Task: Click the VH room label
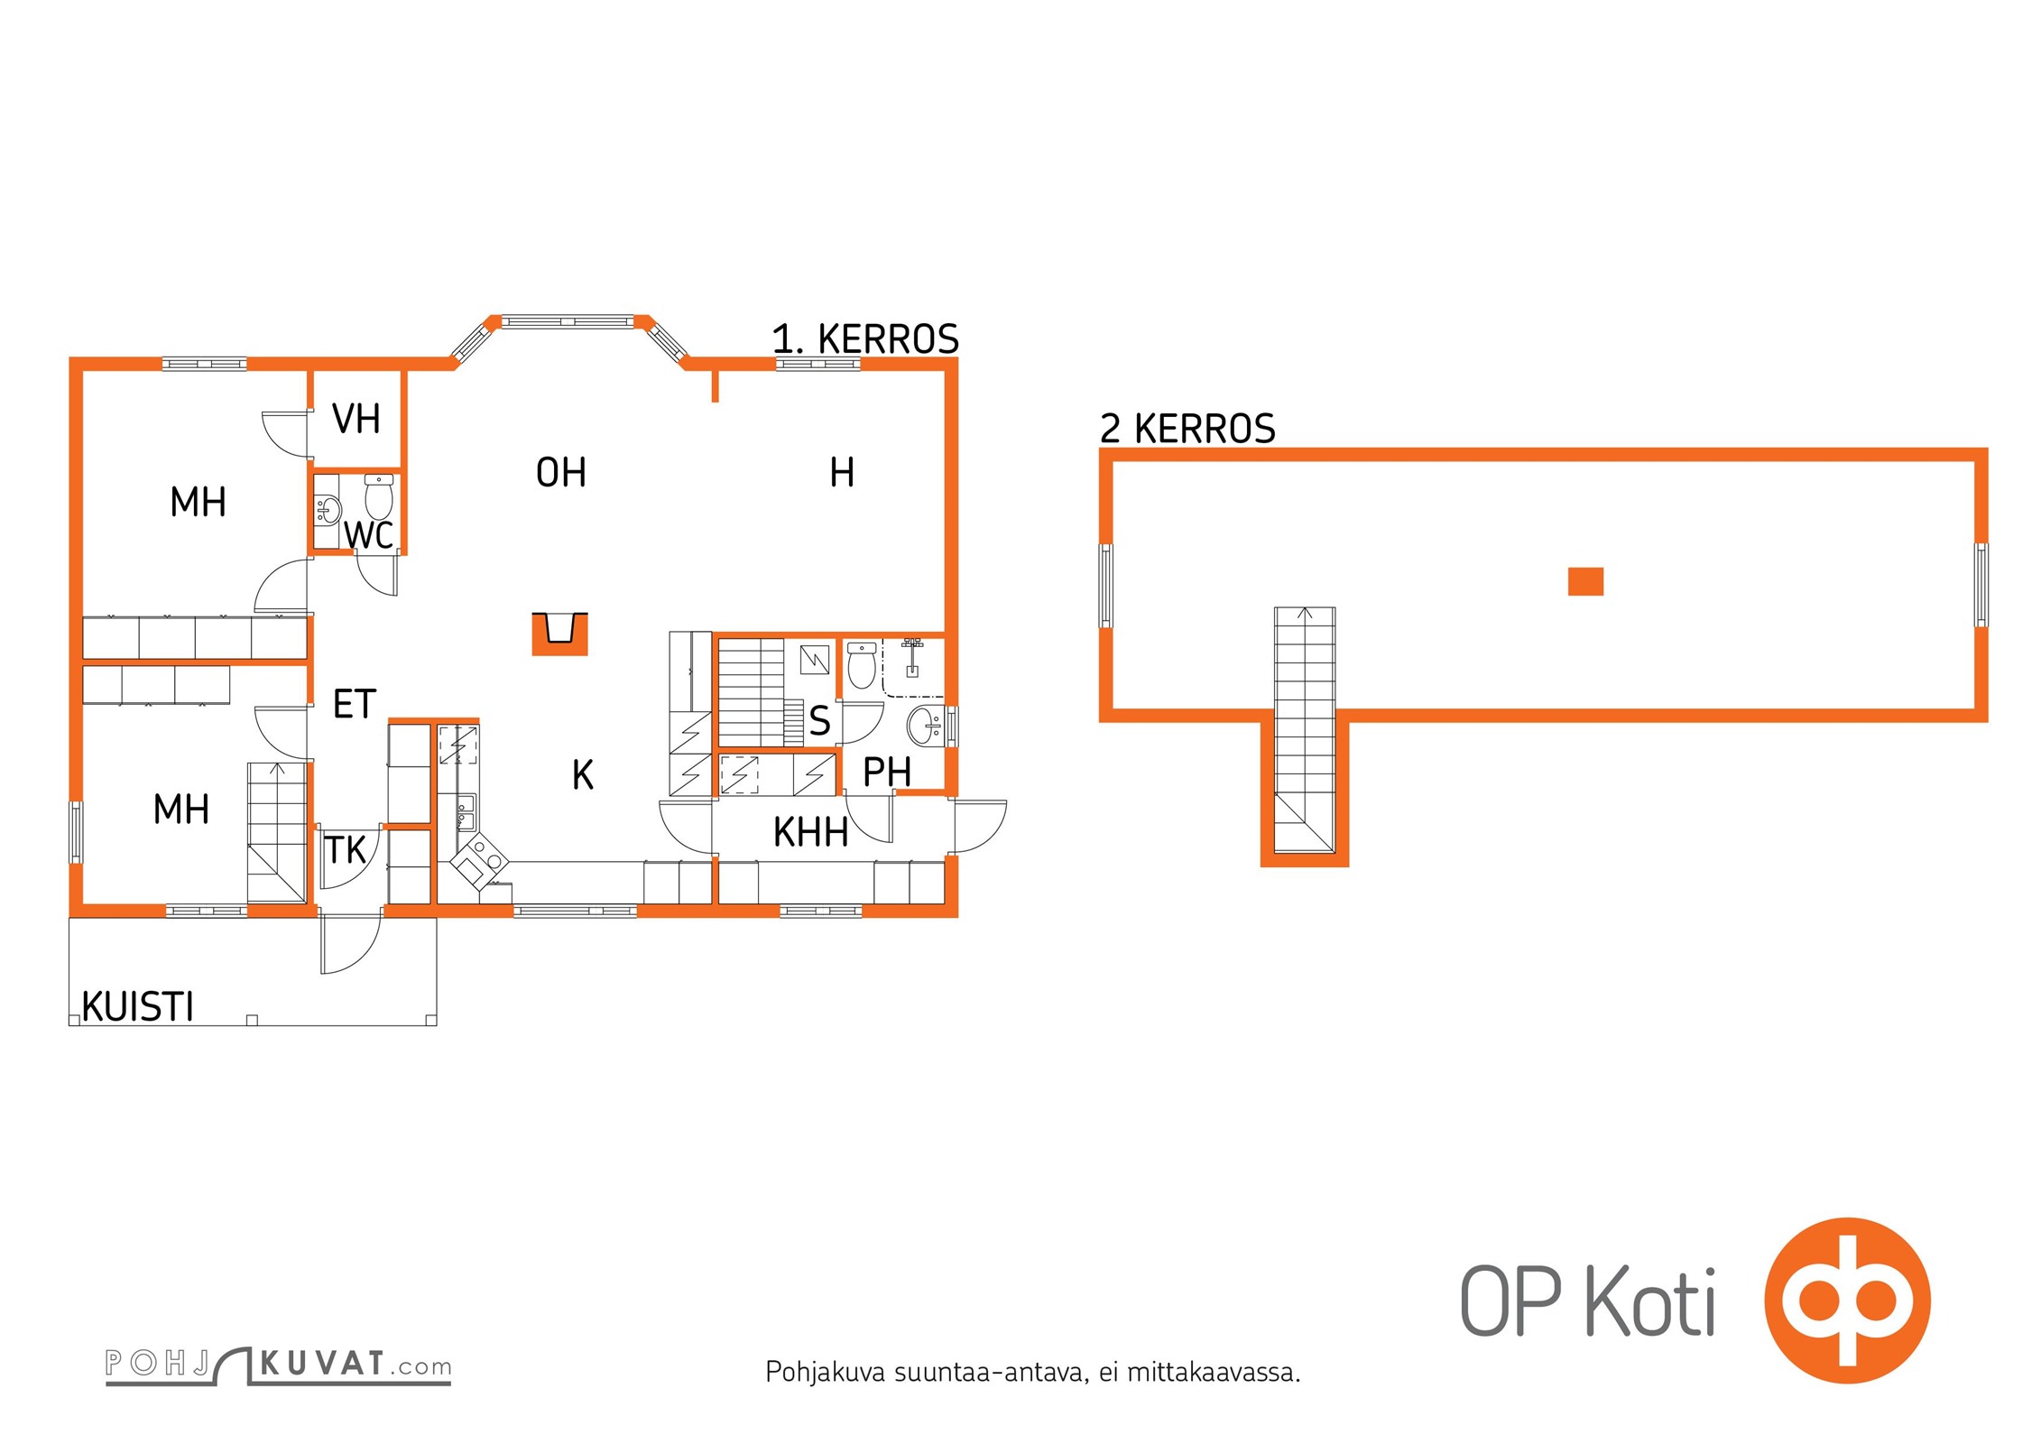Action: [356, 419]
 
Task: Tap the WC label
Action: [368, 535]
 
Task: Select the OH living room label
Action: [560, 472]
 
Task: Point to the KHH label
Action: [810, 832]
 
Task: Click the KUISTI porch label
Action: [138, 1006]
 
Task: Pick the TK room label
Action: [345, 849]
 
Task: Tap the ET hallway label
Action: [354, 704]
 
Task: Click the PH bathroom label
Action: [887, 772]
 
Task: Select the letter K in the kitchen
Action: [583, 775]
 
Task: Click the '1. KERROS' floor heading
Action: [865, 339]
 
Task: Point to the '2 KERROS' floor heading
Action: [1187, 429]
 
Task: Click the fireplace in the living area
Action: [559, 634]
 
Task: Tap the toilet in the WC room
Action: [379, 497]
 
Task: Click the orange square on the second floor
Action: [1585, 581]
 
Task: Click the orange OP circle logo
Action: [1847, 1301]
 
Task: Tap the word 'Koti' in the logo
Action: [1650, 1301]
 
